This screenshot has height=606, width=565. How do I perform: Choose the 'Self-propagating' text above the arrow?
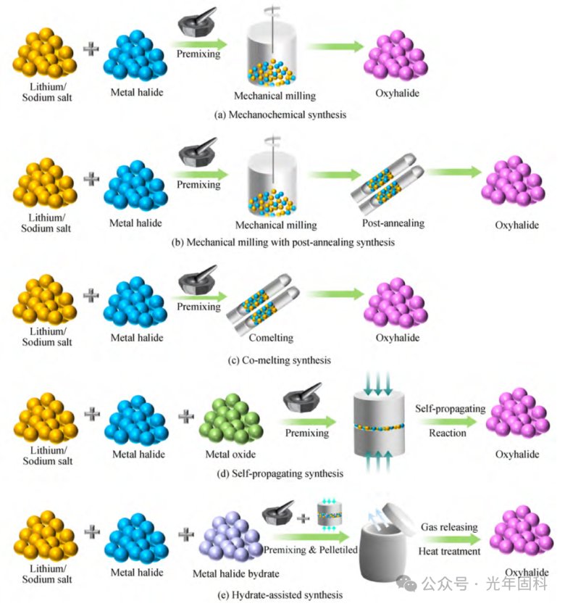[x=450, y=409]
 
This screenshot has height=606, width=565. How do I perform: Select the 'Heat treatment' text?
[x=450, y=551]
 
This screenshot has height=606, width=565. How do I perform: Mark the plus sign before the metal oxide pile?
[x=186, y=416]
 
